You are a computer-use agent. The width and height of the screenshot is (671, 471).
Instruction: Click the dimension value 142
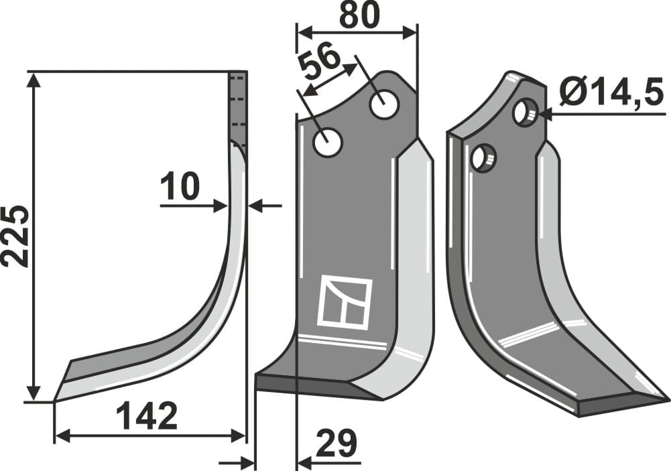[147, 417]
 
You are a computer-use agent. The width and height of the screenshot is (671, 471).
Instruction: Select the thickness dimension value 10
[180, 187]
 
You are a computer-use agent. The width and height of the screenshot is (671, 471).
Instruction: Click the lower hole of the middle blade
[328, 143]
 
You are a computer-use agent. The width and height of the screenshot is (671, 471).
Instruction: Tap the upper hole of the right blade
[524, 112]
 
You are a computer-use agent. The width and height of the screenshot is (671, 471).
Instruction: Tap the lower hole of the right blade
[482, 157]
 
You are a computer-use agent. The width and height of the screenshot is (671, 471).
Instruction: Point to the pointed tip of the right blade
[666, 400]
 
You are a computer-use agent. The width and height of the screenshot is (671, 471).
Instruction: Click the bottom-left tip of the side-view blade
[56, 400]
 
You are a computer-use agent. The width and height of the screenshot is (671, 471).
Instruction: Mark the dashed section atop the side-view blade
[238, 107]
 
